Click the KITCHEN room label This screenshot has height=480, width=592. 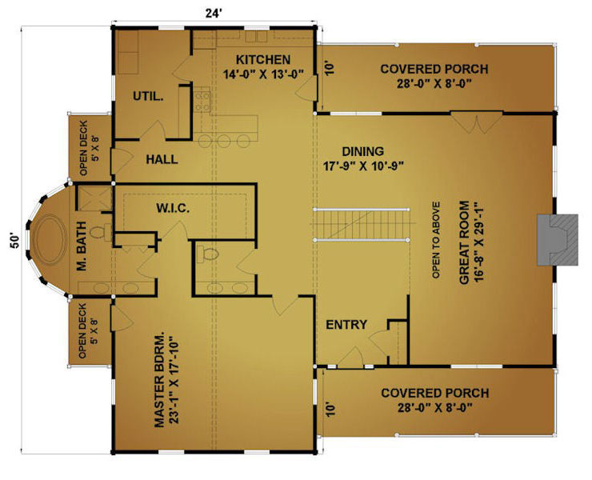coord(263,60)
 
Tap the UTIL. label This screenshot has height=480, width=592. coord(148,96)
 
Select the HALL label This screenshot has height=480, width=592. coord(162,159)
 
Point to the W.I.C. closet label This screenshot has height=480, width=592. coord(173,208)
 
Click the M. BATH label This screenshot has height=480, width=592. coord(82,246)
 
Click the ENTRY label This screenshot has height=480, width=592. coord(346,325)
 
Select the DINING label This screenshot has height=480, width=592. coord(363,151)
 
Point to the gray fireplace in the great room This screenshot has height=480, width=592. coord(558,240)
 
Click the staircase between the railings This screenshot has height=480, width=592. coord(362,224)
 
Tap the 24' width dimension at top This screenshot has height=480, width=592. coord(214,14)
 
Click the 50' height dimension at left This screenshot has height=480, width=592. coord(14,241)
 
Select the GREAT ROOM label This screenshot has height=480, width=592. coord(464,242)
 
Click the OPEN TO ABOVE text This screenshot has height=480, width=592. coord(436,240)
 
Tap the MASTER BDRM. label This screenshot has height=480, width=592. coord(160,380)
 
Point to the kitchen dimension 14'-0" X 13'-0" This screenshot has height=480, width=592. coord(263,74)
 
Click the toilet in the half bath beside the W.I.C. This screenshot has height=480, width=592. coord(207,254)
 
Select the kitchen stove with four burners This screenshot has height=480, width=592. coord(202,100)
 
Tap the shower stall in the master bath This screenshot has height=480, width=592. coord(94,198)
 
